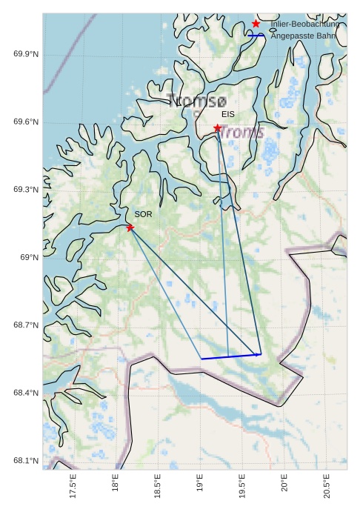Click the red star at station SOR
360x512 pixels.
coord(130,227)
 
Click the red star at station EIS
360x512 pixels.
coord(218,128)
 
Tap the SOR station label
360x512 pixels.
coord(143,214)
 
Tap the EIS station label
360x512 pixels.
coord(227,115)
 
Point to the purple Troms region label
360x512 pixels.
coord(242,133)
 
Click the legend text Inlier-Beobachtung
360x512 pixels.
coord(304,24)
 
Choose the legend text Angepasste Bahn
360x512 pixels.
coord(303,36)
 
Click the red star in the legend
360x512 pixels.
coord(256,24)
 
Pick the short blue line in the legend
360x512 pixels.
coord(256,36)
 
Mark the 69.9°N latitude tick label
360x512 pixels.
coord(26,55)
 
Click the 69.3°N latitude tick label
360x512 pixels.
coord(26,190)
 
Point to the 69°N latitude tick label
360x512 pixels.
coord(29,258)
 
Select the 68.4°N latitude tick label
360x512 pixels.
coord(26,393)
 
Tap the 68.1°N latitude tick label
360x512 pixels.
coord(26,461)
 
